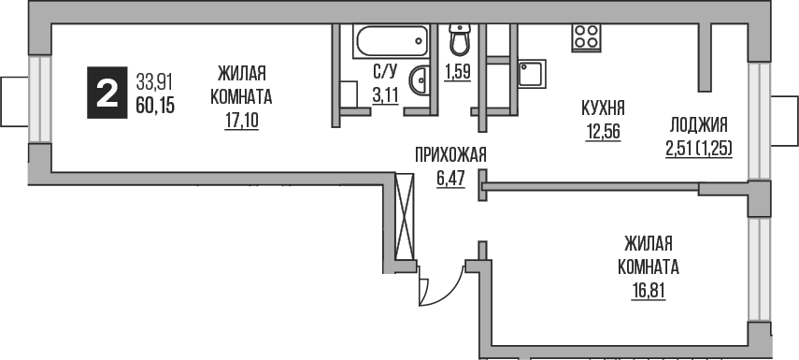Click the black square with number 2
(x=105, y=94)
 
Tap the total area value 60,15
(x=155, y=104)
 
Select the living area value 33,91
(x=154, y=81)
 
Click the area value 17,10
(x=242, y=121)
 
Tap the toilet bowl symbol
(x=460, y=40)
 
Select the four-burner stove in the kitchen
(x=586, y=36)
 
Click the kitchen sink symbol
(x=534, y=74)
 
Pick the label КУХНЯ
(x=604, y=107)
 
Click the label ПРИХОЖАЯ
(x=451, y=155)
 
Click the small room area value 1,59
(x=457, y=72)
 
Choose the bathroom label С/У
(x=384, y=70)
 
